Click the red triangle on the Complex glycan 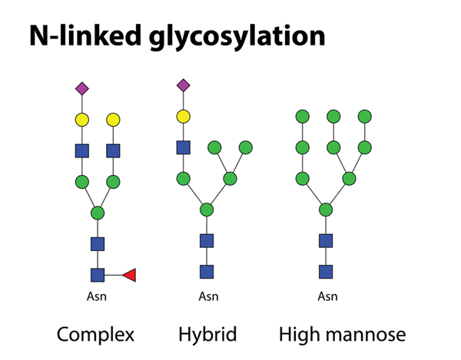(x=129, y=274)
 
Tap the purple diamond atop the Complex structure (x=82, y=89)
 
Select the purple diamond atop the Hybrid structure (x=183, y=84)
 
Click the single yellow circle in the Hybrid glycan (x=183, y=116)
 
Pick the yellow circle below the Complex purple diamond (x=82, y=120)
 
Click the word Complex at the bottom (x=95, y=335)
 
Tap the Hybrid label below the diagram (x=206, y=335)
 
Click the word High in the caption (x=296, y=335)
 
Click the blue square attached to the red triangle (x=98, y=274)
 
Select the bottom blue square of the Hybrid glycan (x=206, y=271)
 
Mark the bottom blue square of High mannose (x=326, y=271)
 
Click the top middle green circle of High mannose (x=333, y=116)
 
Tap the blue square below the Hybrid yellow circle (x=183, y=147)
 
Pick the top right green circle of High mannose (x=364, y=116)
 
